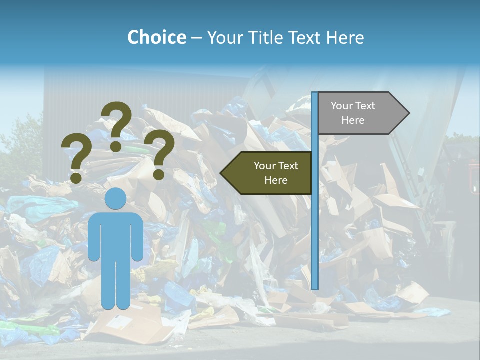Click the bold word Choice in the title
click(156, 38)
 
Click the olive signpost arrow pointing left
click(270, 173)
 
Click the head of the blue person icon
click(115, 199)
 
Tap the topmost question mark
click(117, 125)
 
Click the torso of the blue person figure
click(115, 235)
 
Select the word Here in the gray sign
click(353, 120)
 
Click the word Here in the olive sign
click(276, 180)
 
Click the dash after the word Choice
click(196, 38)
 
